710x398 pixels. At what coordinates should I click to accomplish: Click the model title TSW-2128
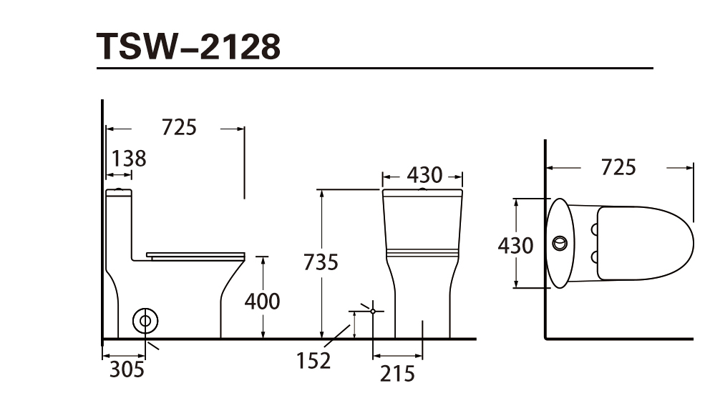[x=188, y=46]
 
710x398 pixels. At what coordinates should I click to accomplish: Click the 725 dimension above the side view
[x=180, y=127]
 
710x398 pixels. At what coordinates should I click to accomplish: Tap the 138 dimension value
[x=129, y=159]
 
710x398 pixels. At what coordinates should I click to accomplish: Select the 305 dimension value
[x=127, y=369]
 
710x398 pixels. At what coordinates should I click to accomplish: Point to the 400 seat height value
[x=262, y=302]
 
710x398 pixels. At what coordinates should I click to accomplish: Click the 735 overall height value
[x=321, y=262]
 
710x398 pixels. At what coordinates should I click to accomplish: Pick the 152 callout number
[x=313, y=361]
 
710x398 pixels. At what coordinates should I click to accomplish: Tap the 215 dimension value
[x=397, y=374]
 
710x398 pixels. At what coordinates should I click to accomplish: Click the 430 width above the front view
[x=424, y=175]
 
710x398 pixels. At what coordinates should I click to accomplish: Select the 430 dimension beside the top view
[x=515, y=246]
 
